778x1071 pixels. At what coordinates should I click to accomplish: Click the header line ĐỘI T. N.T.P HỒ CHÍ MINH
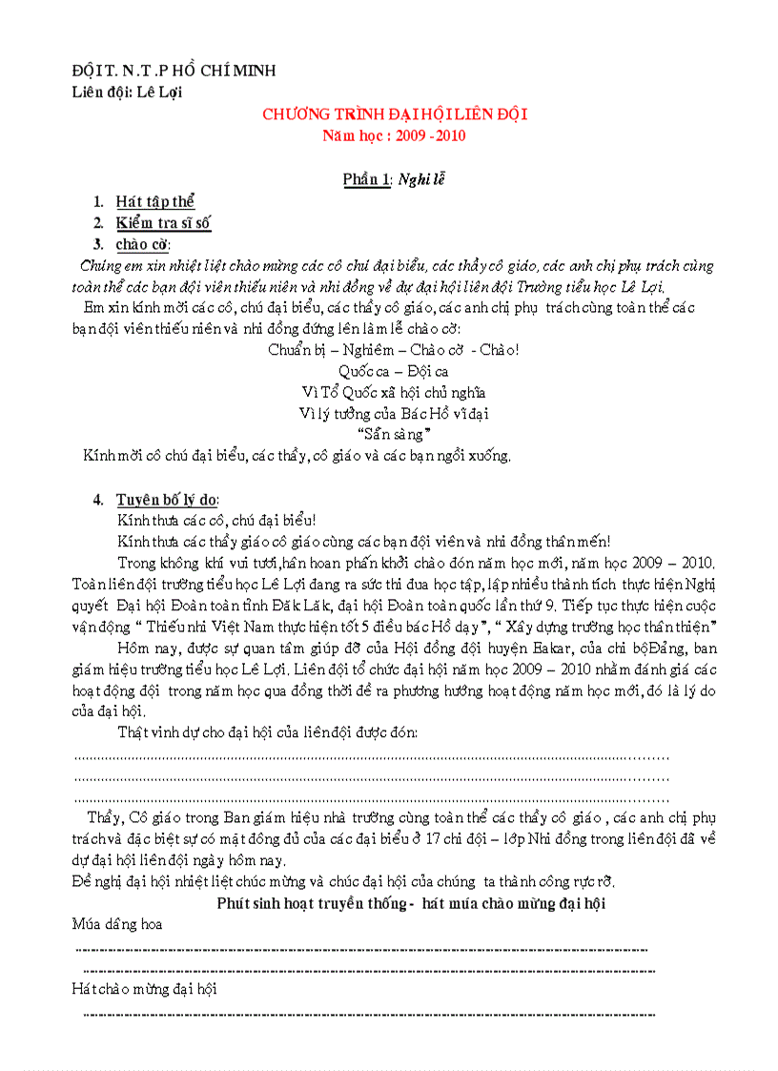[x=174, y=72]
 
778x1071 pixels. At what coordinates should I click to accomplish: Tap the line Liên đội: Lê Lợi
[x=127, y=92]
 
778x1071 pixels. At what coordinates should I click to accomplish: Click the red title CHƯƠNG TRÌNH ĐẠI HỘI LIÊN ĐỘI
[x=395, y=114]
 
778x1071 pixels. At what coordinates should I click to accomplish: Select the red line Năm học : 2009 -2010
[x=394, y=135]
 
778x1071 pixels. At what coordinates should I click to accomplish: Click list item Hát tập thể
[x=154, y=201]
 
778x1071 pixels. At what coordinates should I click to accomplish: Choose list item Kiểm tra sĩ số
[x=163, y=223]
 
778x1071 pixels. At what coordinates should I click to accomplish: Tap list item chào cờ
[x=142, y=244]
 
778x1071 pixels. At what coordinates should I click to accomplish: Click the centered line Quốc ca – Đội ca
[x=393, y=371]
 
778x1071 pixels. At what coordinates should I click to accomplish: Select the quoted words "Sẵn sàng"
[x=393, y=434]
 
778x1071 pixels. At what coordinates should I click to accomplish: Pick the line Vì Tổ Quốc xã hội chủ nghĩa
[x=393, y=392]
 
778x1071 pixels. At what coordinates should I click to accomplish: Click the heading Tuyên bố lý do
[x=167, y=499]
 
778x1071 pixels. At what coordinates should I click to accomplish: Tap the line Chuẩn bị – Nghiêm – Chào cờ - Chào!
[x=393, y=350]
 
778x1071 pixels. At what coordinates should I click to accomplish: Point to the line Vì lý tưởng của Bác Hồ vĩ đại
[x=393, y=413]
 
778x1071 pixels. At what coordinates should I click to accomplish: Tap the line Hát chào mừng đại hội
[x=144, y=989]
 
